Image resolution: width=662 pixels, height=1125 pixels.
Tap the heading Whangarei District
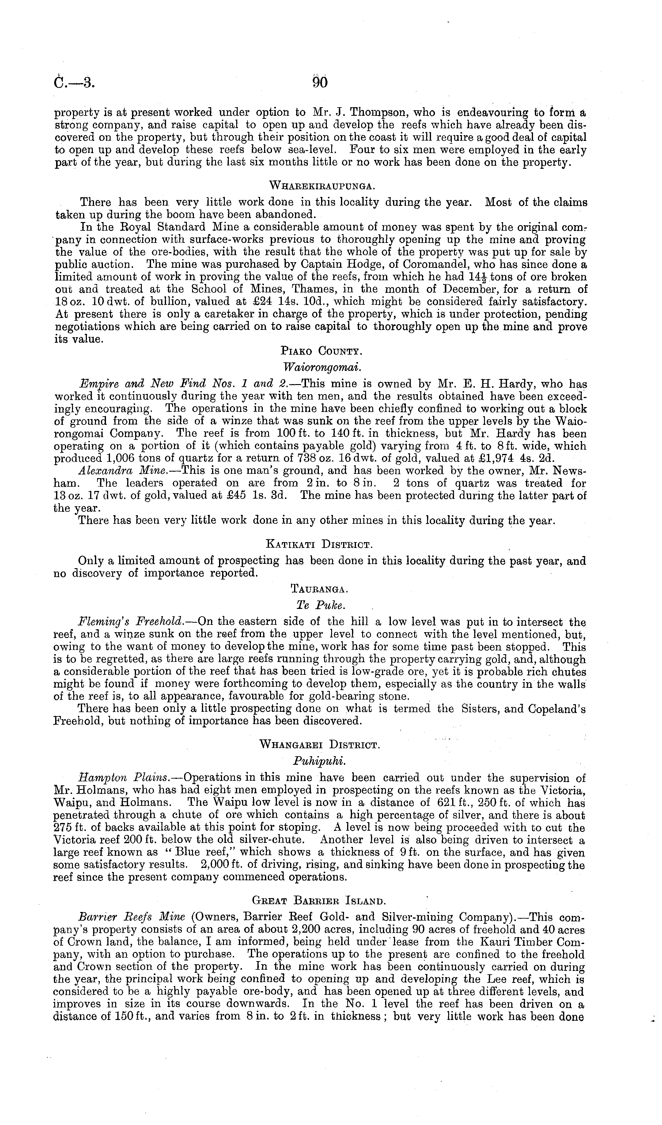pyautogui.click(x=320, y=745)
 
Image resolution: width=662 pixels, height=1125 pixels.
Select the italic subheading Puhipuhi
pyautogui.click(x=320, y=760)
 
